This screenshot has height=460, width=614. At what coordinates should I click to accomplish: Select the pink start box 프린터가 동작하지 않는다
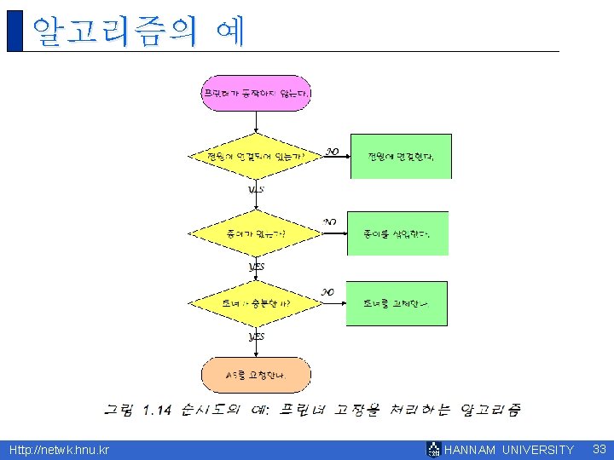pos(256,92)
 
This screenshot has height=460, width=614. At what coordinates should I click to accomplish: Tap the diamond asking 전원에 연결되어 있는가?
pos(256,157)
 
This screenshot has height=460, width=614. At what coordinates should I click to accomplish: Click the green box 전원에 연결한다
pos(401,157)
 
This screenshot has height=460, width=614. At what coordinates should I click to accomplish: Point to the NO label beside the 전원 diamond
pos(332,152)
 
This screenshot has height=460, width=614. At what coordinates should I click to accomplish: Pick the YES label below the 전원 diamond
pos(256,189)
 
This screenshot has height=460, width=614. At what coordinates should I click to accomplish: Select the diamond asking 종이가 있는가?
pos(256,233)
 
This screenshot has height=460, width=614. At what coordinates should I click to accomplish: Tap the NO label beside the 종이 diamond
pos(330,222)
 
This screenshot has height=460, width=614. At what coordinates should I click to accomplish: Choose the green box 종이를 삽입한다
pos(397,233)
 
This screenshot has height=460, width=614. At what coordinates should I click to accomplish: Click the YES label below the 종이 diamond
pos(256,267)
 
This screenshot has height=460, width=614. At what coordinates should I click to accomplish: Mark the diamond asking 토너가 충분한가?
pos(256,303)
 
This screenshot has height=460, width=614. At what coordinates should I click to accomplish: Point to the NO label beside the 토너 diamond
pos(327,292)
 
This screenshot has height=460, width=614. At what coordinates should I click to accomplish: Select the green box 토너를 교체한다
pos(397,303)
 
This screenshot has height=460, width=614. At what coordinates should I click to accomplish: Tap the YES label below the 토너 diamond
pos(256,336)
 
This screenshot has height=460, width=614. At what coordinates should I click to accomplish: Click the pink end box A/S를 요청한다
pos(256,375)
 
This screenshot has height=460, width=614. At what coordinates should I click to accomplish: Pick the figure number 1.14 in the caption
pos(157,411)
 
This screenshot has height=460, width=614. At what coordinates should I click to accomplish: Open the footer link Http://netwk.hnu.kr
pos(59,450)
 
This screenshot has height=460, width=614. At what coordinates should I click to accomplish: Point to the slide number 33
pos(599,449)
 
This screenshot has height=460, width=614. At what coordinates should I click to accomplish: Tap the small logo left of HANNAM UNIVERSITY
pos(433,450)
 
